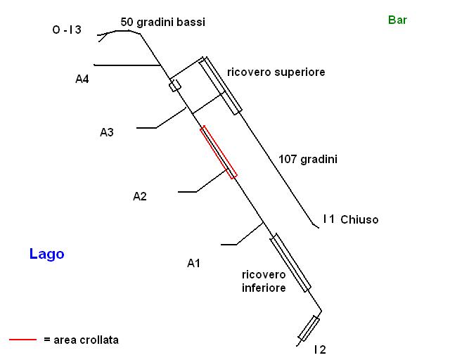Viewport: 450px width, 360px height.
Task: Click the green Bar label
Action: [x=397, y=20]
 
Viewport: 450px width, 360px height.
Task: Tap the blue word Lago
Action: [x=46, y=254]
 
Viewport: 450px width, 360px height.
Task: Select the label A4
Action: [x=82, y=79]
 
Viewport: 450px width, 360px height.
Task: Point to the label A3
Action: [x=107, y=131]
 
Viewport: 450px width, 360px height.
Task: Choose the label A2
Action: [x=140, y=196]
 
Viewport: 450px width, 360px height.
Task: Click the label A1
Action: [x=194, y=263]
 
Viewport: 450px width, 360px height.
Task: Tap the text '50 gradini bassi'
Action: [x=163, y=22]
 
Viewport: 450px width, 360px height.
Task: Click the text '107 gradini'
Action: [x=308, y=160]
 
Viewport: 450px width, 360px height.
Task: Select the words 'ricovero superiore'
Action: [x=276, y=72]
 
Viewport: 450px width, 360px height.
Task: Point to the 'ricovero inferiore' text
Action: [x=263, y=281]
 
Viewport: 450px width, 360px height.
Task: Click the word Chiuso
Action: [x=359, y=219]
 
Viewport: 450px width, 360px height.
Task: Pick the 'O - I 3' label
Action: [x=67, y=30]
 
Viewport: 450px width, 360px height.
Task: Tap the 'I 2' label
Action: [x=320, y=349]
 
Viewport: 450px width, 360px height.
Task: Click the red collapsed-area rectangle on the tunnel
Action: [x=219, y=152]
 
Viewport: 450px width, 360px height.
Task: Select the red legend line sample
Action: [x=22, y=340]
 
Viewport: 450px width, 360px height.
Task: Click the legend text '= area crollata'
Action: [x=81, y=340]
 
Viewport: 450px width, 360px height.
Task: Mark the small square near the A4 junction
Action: [x=174, y=86]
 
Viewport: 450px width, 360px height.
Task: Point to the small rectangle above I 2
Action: [x=309, y=328]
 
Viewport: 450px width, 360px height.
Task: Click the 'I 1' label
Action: [x=328, y=219]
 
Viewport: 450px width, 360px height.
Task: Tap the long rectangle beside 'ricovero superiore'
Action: [x=220, y=85]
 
